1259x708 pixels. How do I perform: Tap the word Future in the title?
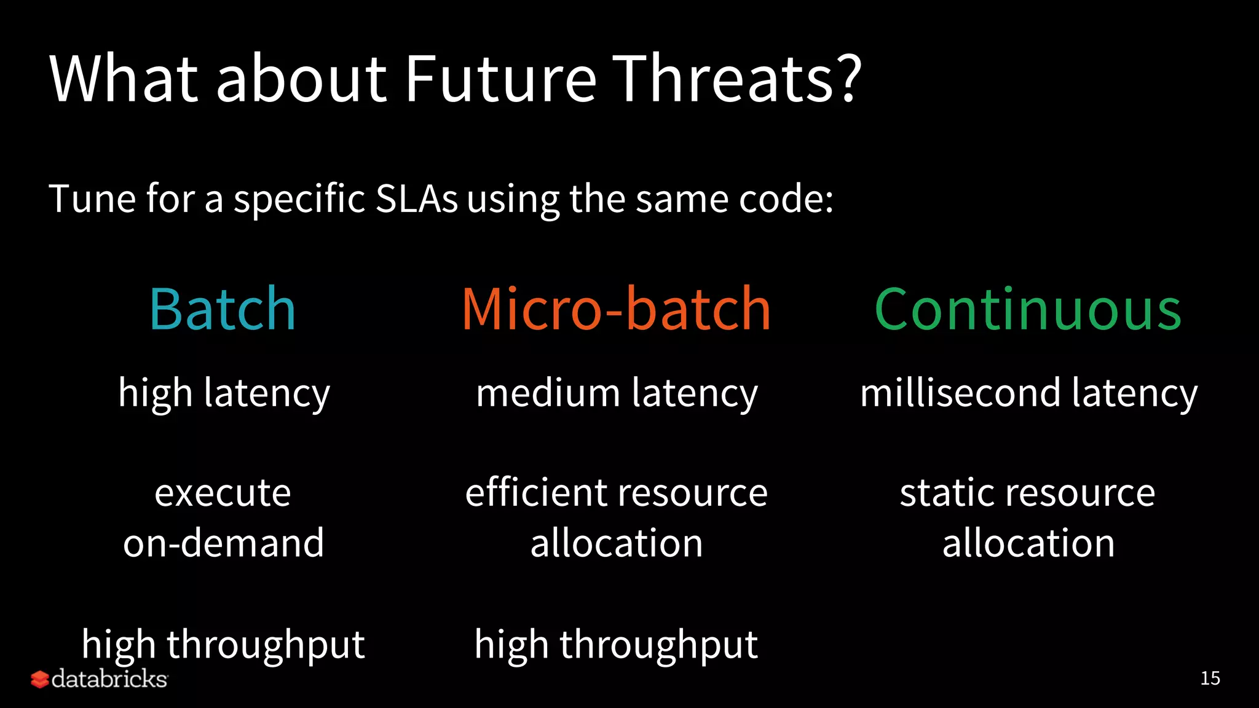click(x=501, y=79)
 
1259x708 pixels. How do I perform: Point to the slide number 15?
click(x=1210, y=678)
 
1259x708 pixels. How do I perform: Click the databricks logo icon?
click(x=39, y=679)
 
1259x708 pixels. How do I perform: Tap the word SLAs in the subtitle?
click(x=416, y=199)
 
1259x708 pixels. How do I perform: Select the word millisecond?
click(x=960, y=393)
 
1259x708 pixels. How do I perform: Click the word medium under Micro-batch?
click(x=548, y=393)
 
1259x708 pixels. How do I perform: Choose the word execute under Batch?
click(x=223, y=494)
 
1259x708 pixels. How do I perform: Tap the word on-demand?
click(x=223, y=543)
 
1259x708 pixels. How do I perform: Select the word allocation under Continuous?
click(x=1028, y=543)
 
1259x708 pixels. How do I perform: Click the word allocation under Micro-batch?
click(x=617, y=543)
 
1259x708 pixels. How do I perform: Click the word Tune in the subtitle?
click(x=92, y=199)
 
